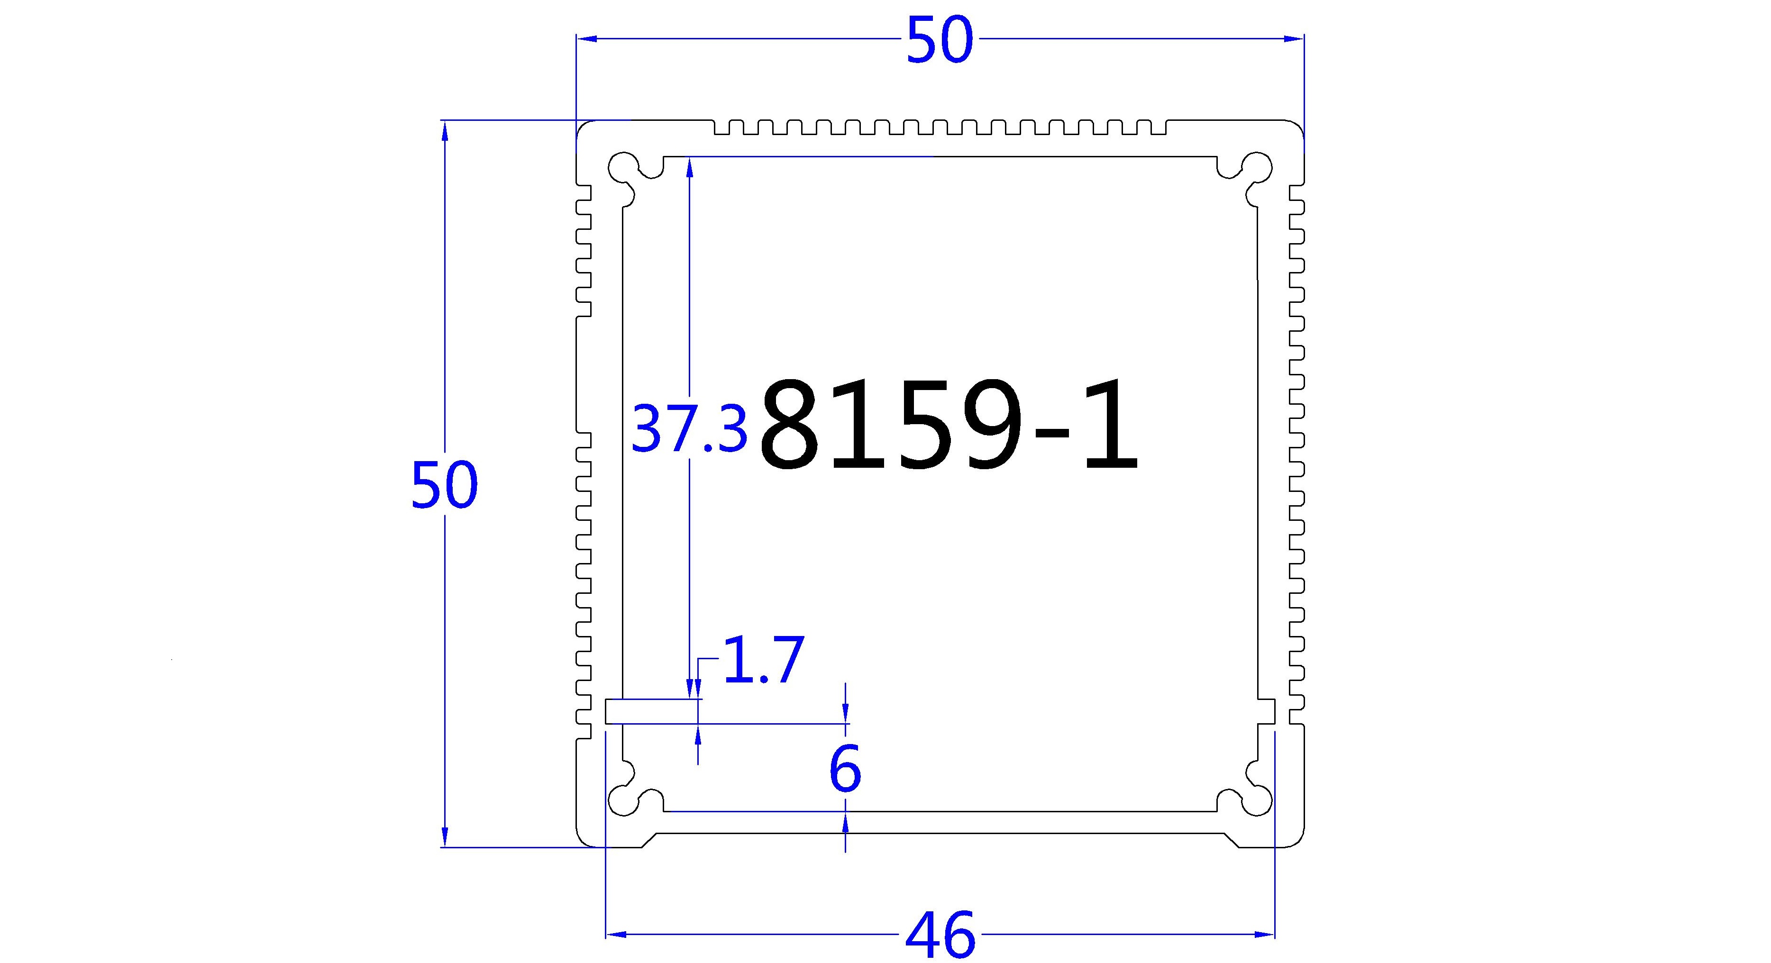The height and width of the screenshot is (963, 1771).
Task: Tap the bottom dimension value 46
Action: click(940, 936)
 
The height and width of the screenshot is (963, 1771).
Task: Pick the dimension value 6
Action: click(845, 769)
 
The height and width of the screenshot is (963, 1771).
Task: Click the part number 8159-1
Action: click(949, 426)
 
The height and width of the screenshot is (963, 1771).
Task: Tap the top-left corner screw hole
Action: click(623, 166)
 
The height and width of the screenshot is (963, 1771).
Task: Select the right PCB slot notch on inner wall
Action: click(1266, 711)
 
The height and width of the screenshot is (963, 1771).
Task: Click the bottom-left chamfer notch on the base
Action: click(648, 840)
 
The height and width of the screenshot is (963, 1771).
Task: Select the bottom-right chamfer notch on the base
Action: click(1232, 840)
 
